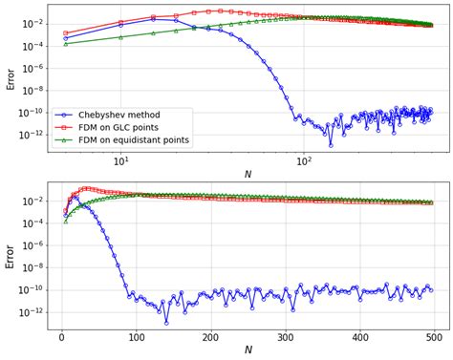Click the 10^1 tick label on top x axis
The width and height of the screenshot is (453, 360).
click(x=120, y=162)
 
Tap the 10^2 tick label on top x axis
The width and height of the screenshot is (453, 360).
click(x=304, y=162)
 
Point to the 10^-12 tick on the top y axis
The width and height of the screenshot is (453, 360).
click(x=30, y=135)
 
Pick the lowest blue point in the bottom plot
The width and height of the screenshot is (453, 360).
click(x=166, y=323)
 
